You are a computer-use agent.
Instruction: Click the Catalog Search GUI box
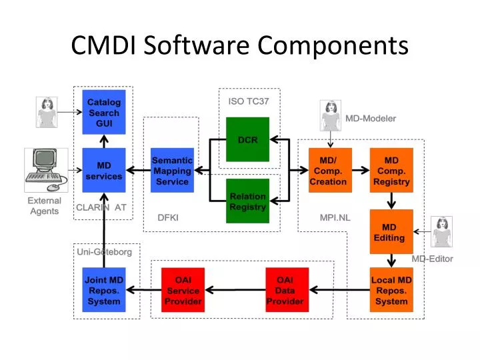[104, 112]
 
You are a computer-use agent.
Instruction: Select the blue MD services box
[104, 170]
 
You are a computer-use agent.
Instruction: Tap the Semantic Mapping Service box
[172, 170]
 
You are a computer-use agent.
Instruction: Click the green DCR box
[247, 139]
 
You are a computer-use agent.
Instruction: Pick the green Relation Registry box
[247, 201]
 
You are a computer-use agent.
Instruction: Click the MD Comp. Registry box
[391, 170]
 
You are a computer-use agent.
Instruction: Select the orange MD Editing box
[391, 231]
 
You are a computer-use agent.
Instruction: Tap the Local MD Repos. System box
[391, 290]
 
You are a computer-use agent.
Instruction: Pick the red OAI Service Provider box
[183, 290]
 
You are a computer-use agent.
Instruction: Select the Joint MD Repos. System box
[104, 290]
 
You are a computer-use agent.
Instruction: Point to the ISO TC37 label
[249, 101]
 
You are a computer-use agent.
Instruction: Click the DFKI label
[168, 217]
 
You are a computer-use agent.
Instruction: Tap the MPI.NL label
[335, 217]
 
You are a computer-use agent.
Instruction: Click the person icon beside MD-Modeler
[331, 116]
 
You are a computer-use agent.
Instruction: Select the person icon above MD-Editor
[442, 232]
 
